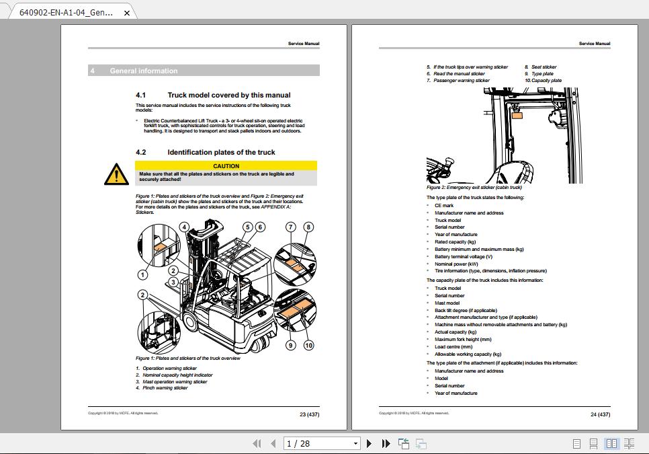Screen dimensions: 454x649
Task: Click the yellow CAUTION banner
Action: click(x=226, y=165)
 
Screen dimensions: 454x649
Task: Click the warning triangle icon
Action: click(x=116, y=175)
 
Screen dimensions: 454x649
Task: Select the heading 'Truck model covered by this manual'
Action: click(x=228, y=96)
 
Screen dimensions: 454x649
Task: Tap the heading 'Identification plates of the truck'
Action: click(x=221, y=153)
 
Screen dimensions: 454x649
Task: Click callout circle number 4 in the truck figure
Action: click(x=184, y=227)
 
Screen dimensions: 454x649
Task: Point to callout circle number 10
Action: click(x=308, y=345)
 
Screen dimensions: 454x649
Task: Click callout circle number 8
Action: click(x=308, y=227)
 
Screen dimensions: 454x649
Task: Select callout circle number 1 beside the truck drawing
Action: click(x=142, y=274)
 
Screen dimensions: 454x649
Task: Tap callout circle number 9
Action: click(x=291, y=345)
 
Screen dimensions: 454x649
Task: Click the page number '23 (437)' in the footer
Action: click(x=309, y=414)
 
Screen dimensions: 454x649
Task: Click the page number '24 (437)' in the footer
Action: click(x=600, y=414)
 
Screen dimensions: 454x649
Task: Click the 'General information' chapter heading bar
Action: click(x=204, y=71)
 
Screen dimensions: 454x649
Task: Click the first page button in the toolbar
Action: click(x=257, y=443)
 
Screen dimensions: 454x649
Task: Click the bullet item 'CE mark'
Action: click(x=443, y=205)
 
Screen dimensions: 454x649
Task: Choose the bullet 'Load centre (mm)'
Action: click(x=453, y=347)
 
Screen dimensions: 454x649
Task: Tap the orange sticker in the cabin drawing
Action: click(x=517, y=115)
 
